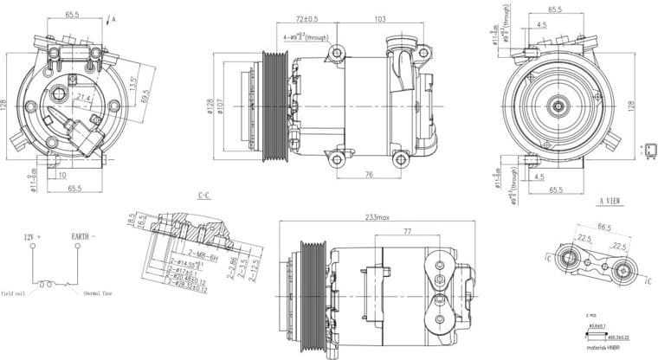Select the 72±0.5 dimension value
tap(306, 18)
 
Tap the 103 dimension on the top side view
tap(380, 18)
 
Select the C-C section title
tap(204, 196)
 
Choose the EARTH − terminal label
tap(84, 236)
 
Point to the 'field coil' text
tap(16, 292)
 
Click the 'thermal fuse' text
tap(100, 292)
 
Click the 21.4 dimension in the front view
tap(84, 97)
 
